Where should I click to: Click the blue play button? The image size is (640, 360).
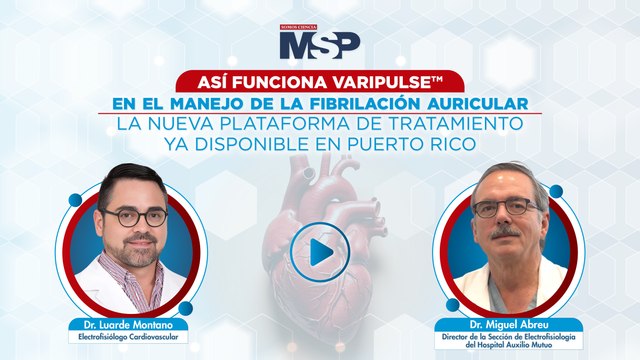coord(320,252)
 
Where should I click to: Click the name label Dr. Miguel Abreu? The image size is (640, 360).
coord(511,325)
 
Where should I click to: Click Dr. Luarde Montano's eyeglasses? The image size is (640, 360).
coord(134,217)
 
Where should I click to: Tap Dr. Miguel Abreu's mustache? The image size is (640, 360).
coord(506,232)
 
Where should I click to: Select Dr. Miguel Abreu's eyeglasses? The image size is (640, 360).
coord(504,209)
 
